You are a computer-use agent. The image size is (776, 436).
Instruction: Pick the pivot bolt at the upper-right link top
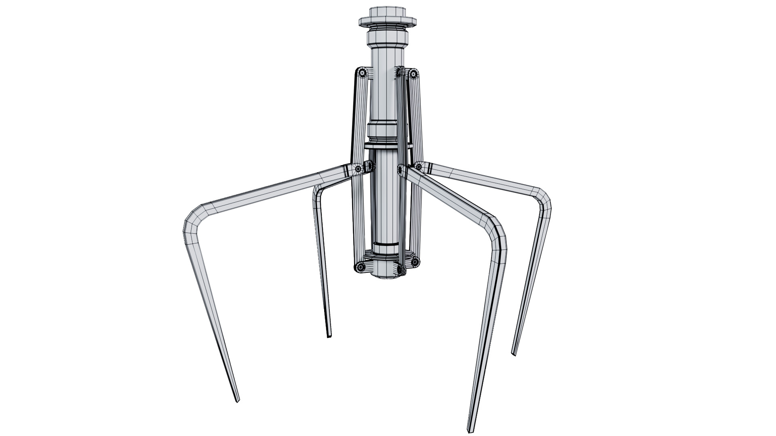click(413, 73)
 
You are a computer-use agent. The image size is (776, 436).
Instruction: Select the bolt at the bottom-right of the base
click(415, 262)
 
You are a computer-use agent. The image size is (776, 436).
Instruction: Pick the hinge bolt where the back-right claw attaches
click(419, 166)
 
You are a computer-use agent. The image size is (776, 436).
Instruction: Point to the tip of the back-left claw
click(329, 335)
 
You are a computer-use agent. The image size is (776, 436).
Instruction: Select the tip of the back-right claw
click(514, 354)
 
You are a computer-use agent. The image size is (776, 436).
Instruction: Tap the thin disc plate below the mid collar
click(387, 146)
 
